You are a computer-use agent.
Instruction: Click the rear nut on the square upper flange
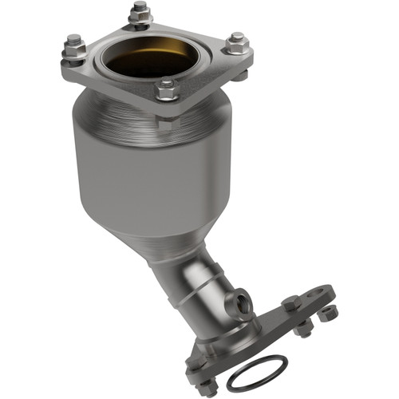click(x=140, y=14)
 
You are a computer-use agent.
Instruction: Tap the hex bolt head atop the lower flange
click(x=291, y=303)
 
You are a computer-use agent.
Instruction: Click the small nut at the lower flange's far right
click(x=327, y=312)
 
